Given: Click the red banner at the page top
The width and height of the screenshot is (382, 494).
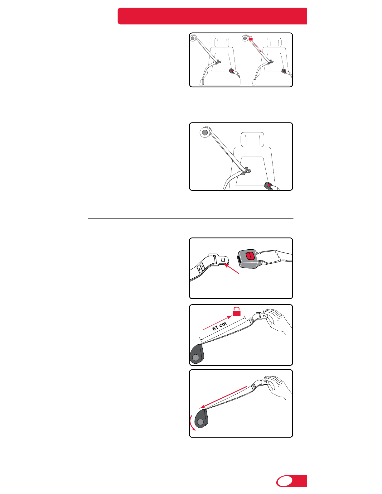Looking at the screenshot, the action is (x=212, y=16).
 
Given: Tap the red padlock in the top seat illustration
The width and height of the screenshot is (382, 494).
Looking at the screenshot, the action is (x=251, y=38).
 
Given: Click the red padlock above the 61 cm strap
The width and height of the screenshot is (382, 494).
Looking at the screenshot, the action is (x=237, y=311).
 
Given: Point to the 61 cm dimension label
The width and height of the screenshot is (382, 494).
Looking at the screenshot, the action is (x=220, y=326).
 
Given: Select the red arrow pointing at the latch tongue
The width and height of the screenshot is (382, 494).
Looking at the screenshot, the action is (x=231, y=268).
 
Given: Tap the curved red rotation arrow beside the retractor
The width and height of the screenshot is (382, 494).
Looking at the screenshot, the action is (x=191, y=423).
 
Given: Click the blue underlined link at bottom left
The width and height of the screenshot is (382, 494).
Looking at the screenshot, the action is (x=62, y=491).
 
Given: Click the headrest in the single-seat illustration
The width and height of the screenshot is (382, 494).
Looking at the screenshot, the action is (x=252, y=139).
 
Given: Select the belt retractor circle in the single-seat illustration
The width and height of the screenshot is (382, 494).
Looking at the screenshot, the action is (x=205, y=132).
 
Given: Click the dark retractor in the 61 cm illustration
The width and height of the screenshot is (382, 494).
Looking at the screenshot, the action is (x=197, y=354).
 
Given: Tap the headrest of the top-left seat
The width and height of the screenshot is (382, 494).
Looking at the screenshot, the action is (x=222, y=42).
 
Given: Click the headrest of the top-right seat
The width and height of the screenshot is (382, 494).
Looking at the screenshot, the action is (x=274, y=42).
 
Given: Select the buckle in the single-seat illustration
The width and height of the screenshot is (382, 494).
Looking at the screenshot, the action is (x=268, y=185).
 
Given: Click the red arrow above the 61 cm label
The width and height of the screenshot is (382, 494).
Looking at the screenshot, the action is (x=218, y=323).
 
